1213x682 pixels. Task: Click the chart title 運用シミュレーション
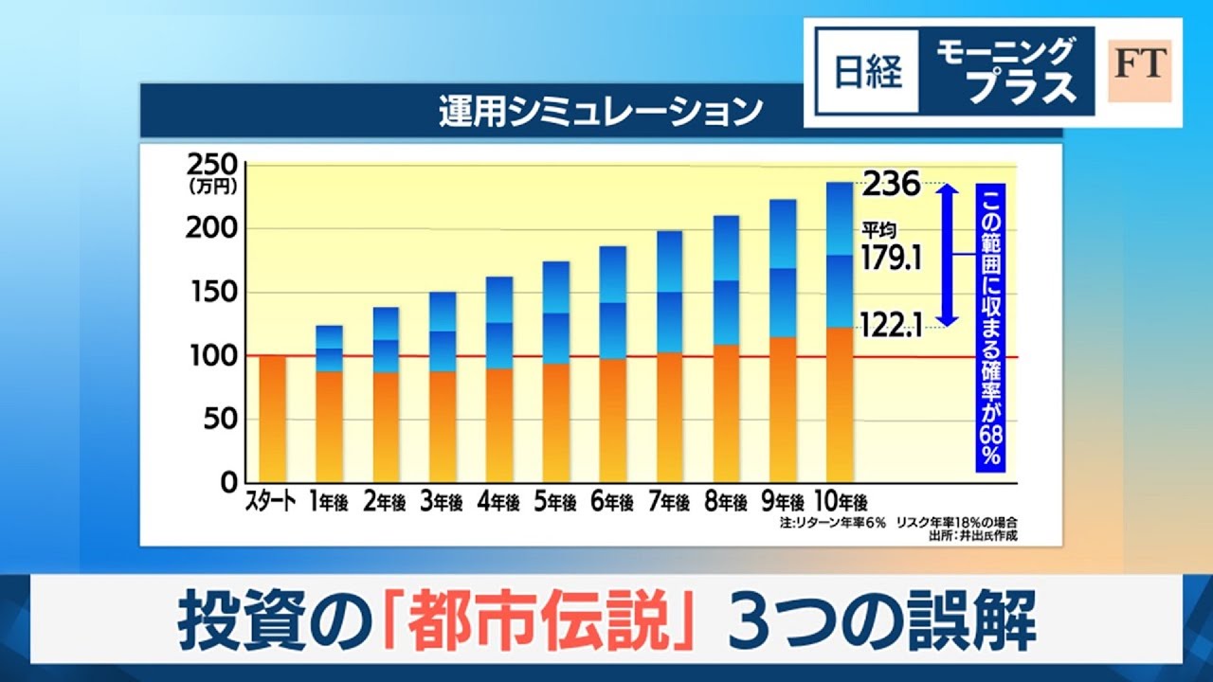[x=601, y=111]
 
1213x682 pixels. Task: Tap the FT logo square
[x=1140, y=72]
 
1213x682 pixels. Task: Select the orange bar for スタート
[x=272, y=418]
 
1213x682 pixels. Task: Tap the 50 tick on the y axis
[x=220, y=420]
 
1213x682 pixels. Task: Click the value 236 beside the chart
[x=891, y=184]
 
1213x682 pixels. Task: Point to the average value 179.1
[x=892, y=258]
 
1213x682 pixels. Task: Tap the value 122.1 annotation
[x=892, y=328]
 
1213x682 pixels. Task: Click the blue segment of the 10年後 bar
[x=840, y=254]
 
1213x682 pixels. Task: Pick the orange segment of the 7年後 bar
[x=669, y=417]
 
